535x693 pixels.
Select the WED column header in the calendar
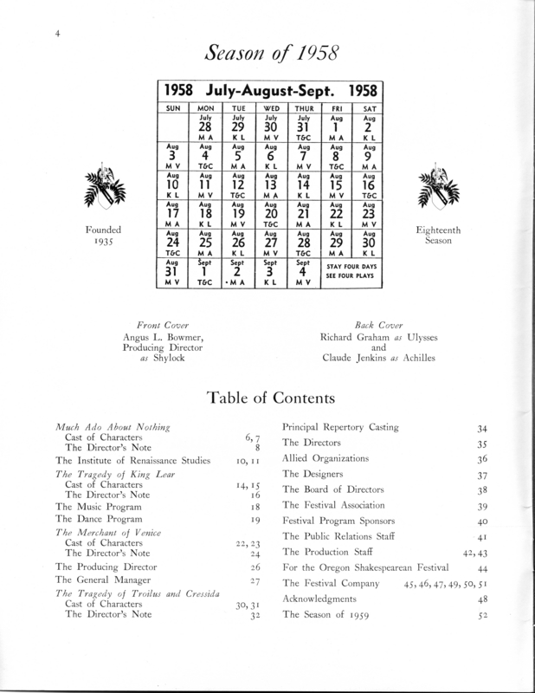(x=270, y=107)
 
